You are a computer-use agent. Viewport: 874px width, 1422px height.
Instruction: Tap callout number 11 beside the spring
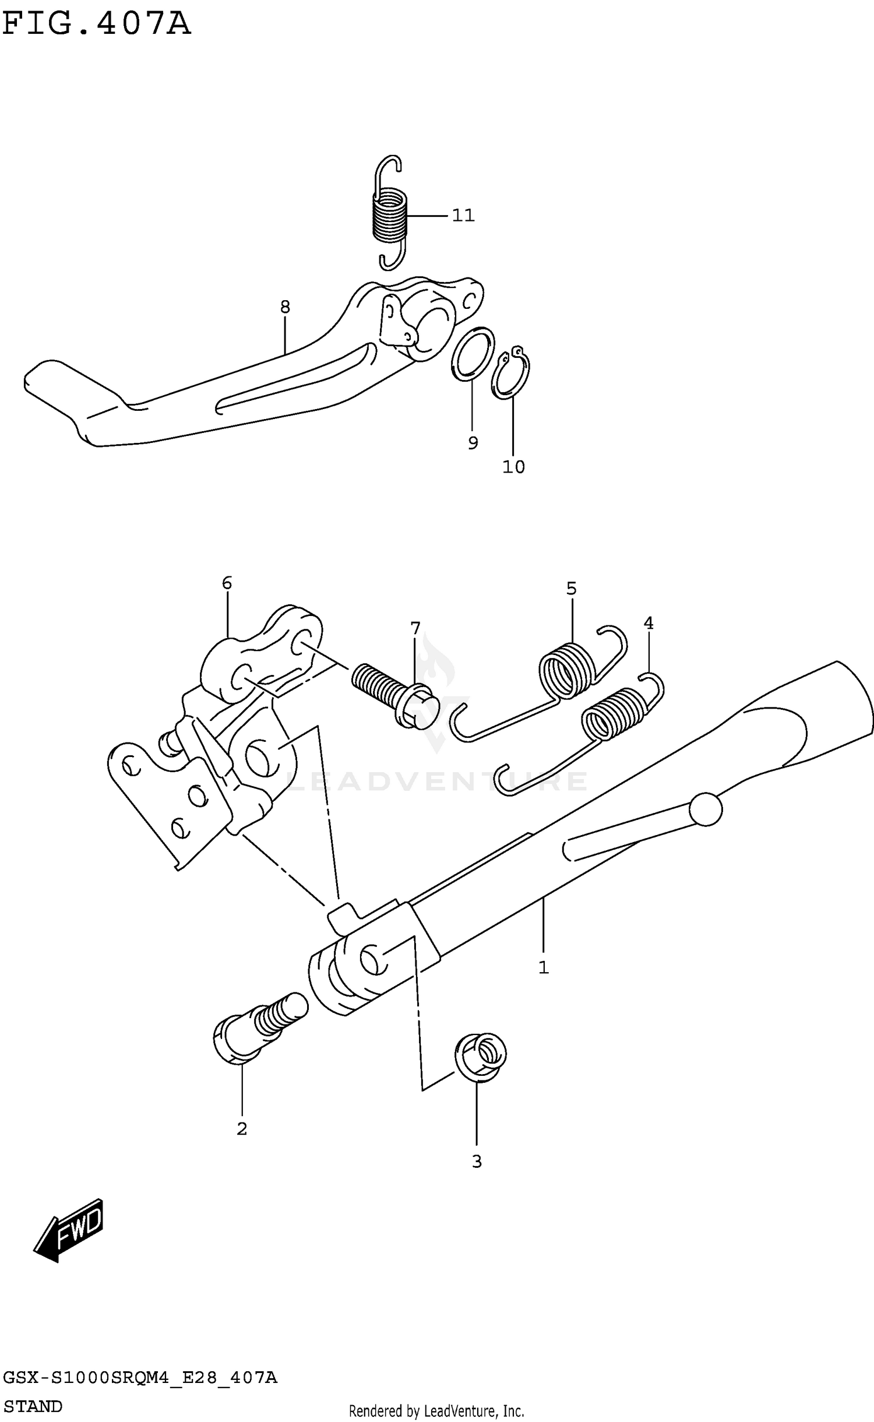coord(463,216)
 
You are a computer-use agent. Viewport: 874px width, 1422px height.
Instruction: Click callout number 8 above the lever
coord(285,307)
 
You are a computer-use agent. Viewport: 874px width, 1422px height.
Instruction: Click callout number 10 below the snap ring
coord(513,467)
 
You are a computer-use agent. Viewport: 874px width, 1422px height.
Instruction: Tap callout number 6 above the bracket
coord(227,583)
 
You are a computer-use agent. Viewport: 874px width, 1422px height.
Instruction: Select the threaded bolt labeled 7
coord(393,694)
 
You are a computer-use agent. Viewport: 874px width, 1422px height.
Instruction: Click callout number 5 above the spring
coord(571,589)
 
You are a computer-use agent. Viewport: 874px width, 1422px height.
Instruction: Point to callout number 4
coord(649,624)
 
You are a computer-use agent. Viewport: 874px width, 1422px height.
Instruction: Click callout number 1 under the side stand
coord(543,968)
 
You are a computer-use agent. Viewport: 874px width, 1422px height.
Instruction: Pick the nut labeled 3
coord(480,1057)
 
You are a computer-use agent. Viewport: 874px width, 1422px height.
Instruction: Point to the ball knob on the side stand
coord(706,809)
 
